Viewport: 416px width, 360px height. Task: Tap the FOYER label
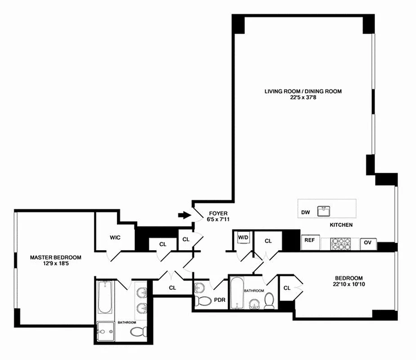tap(217, 213)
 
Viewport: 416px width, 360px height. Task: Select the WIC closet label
tap(115, 238)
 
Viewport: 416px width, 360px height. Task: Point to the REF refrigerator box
tap(309, 240)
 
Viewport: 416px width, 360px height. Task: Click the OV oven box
tap(367, 243)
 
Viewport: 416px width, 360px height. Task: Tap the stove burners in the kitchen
tap(340, 243)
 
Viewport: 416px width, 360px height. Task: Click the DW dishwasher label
tap(306, 212)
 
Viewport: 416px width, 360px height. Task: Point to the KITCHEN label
tap(341, 225)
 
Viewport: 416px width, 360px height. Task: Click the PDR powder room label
tap(220, 299)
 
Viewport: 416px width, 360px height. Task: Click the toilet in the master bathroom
tap(138, 332)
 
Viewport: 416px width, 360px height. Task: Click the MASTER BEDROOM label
tap(56, 257)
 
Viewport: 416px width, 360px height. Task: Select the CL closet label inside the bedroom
tap(287, 288)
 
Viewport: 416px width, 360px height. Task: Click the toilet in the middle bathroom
tap(269, 300)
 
